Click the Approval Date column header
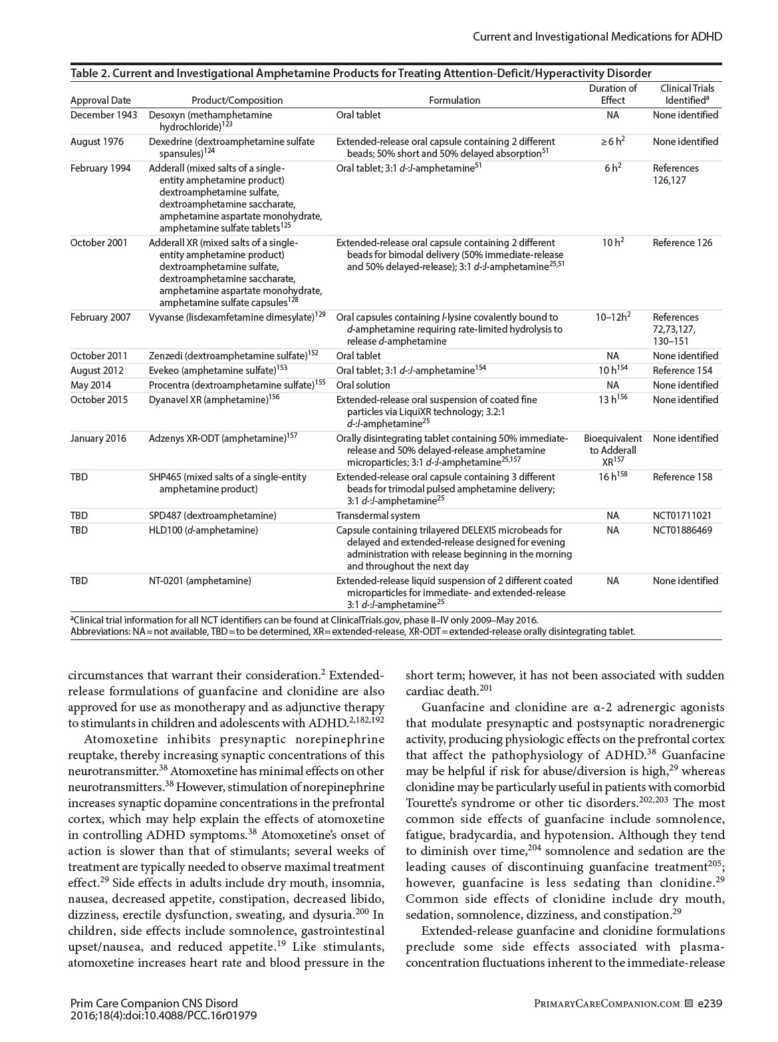click(x=100, y=100)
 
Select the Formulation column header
click(x=454, y=100)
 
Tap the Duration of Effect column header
click(x=612, y=94)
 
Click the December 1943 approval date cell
click(x=104, y=115)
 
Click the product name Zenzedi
click(x=164, y=356)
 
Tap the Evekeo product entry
click(x=164, y=371)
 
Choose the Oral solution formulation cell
click(x=363, y=385)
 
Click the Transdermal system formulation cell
click(x=378, y=516)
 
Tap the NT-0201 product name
click(x=166, y=581)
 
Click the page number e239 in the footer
click(x=710, y=1003)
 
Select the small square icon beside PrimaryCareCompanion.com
click(x=689, y=1003)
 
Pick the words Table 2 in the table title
click(x=90, y=73)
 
